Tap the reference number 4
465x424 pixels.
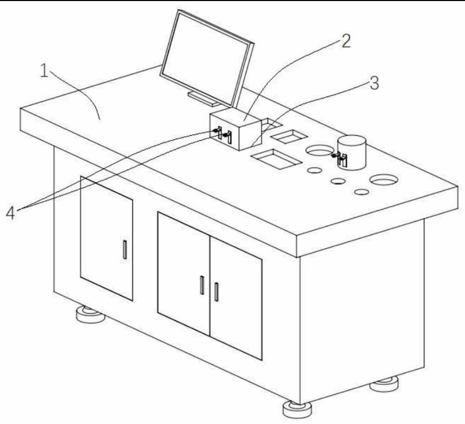pos(10,213)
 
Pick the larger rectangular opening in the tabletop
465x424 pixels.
pos(276,158)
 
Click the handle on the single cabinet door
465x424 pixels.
pos(124,250)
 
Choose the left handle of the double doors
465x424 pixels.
pos(201,286)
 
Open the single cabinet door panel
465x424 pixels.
pos(106,237)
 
